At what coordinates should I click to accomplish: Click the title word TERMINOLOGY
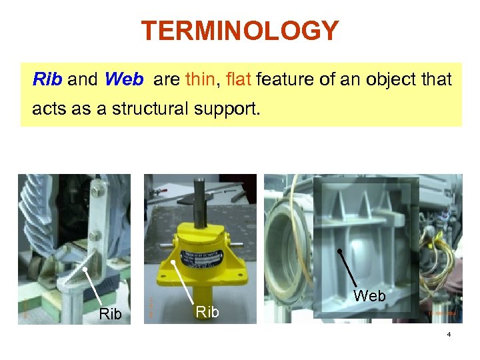point(240,31)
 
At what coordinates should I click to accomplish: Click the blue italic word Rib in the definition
point(47,80)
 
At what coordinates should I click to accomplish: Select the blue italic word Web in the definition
point(123,80)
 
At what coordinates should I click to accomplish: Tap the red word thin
point(199,80)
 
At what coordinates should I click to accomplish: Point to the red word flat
point(238,80)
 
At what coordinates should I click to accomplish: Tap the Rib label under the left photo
point(110,313)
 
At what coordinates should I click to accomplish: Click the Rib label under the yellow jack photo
point(207,311)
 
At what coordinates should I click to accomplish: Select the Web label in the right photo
point(369,295)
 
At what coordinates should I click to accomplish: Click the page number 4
point(449,335)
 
